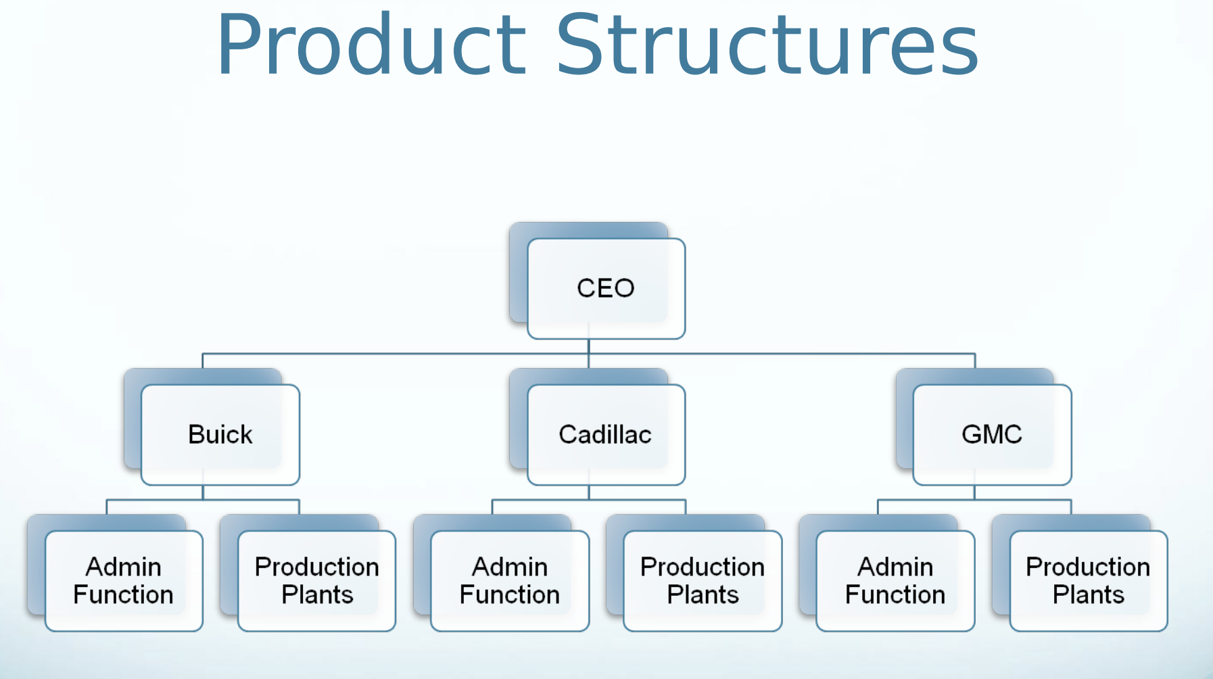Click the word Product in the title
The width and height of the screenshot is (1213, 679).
tap(371, 45)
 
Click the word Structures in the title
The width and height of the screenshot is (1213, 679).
tap(767, 45)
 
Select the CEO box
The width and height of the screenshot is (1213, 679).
tap(606, 288)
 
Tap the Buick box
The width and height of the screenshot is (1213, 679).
tap(220, 434)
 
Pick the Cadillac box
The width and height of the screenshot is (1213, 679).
tap(606, 434)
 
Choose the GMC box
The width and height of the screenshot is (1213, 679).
tap(992, 434)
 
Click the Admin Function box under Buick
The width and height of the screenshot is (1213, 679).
tap(124, 581)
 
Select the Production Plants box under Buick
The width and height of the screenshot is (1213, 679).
tap(316, 581)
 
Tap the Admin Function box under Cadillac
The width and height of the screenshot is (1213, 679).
tap(510, 581)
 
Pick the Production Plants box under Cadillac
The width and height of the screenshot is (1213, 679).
tap(703, 581)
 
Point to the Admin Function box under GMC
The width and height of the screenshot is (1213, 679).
tap(895, 581)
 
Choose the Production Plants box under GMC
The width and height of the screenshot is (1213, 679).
tap(1089, 581)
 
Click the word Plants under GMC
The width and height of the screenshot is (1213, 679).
tap(1089, 595)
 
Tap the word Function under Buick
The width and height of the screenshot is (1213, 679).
tap(124, 595)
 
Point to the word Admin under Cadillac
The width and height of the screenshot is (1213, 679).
tap(510, 567)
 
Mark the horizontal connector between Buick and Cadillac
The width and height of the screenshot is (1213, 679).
tap(396, 353)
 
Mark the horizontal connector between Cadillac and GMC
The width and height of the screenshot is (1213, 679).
tap(782, 353)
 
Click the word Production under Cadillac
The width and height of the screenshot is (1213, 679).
tap(703, 567)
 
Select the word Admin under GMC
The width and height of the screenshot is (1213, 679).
tap(895, 567)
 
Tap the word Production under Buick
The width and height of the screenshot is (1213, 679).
tap(316, 567)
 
